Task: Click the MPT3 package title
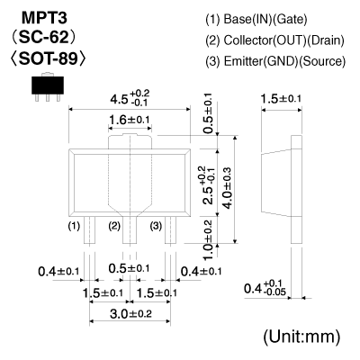click(44, 18)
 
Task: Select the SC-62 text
click(43, 38)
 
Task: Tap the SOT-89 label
click(48, 58)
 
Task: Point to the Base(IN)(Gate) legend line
click(256, 20)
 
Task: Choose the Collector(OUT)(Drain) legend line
click(274, 40)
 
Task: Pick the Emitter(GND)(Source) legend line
click(275, 61)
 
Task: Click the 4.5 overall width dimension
click(130, 97)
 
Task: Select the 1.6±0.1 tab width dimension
click(130, 121)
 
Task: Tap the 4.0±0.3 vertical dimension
click(227, 188)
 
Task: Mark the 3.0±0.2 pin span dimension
click(130, 314)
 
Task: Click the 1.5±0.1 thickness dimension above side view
click(281, 99)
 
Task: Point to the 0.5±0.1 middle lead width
click(129, 268)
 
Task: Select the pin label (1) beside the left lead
click(74, 225)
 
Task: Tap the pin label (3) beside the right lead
click(156, 226)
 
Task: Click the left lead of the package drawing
click(89, 229)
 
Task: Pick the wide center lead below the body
click(130, 229)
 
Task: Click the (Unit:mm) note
click(301, 337)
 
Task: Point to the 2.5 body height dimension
click(208, 184)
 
